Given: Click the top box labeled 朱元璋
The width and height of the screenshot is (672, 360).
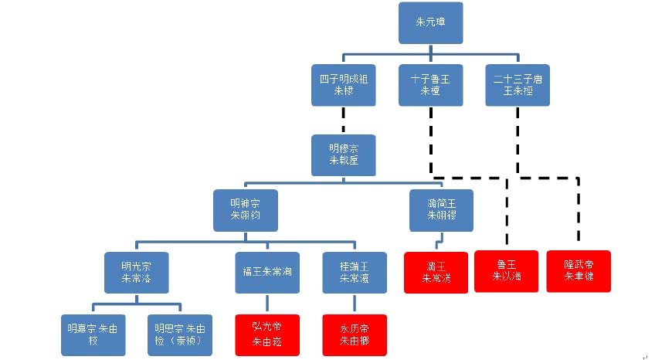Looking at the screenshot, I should click(431, 23).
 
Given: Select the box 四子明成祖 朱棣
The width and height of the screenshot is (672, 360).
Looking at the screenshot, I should click(343, 84).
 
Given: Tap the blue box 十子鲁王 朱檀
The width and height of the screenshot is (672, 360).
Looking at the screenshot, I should click(431, 84).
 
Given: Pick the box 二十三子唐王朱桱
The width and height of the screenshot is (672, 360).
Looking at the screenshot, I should click(518, 84).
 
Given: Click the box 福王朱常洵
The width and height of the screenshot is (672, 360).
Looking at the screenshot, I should click(267, 271).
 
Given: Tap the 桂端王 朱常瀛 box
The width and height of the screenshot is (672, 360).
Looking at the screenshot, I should click(355, 271).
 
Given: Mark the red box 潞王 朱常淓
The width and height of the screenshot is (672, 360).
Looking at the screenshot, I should click(436, 271).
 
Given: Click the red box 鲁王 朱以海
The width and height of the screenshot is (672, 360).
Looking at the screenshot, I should click(506, 271).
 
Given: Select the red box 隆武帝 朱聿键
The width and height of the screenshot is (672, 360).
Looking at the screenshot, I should click(579, 271).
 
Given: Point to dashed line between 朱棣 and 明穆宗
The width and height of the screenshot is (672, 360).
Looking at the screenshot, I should click(343, 121).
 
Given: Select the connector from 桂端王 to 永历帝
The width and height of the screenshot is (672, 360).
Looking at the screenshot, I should click(355, 303).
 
